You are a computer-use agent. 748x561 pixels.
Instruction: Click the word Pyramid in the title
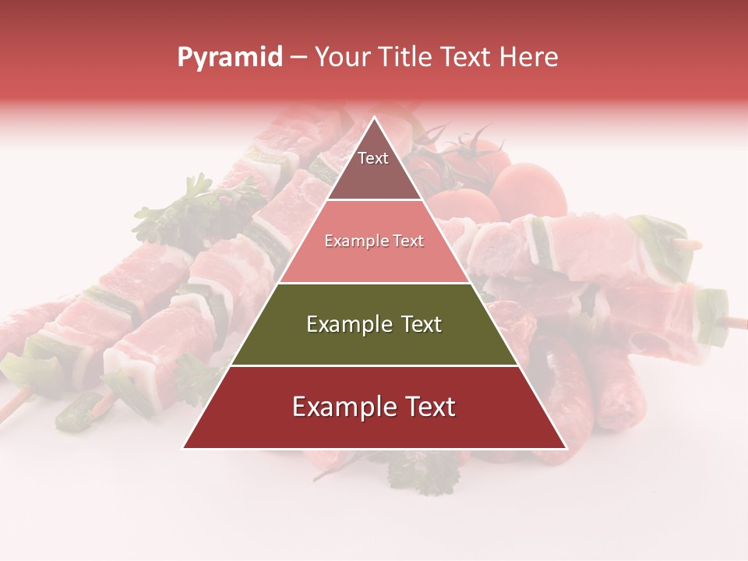[x=229, y=58]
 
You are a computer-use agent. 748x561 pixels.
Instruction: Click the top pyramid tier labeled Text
[x=374, y=168]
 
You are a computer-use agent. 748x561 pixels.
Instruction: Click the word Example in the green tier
[x=348, y=324]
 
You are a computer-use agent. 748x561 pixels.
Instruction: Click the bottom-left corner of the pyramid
[x=185, y=447]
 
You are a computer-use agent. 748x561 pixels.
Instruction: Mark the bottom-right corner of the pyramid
[x=565, y=447]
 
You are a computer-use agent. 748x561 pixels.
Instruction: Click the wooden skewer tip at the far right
[x=736, y=319]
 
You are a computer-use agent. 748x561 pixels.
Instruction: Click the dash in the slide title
[x=298, y=58]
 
